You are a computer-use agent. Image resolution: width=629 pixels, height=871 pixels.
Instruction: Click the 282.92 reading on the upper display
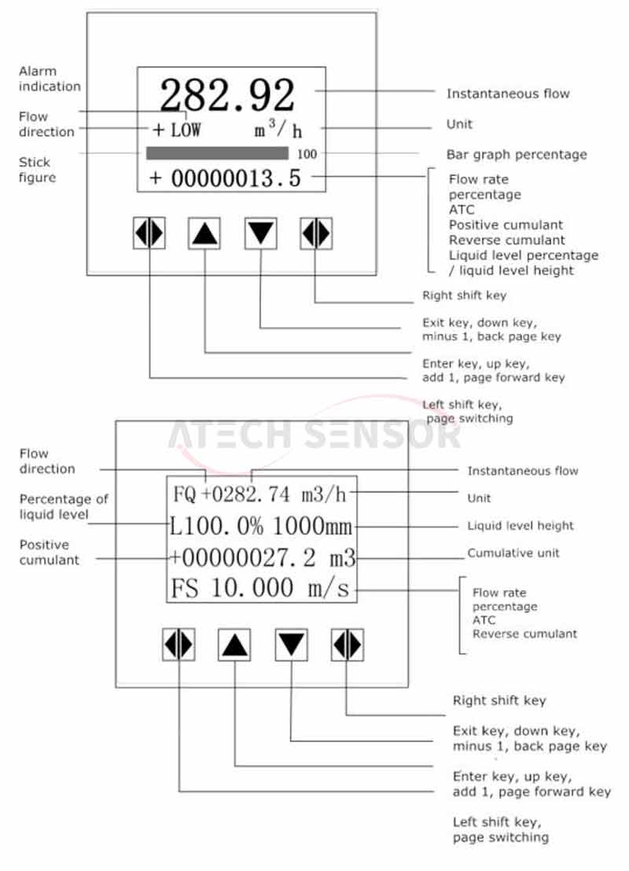227,94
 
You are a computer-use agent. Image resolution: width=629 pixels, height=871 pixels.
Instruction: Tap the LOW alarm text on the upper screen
186,130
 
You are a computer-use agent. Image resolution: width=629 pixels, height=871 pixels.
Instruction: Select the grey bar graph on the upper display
217,153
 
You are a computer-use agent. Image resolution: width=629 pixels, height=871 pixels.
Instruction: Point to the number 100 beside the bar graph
307,154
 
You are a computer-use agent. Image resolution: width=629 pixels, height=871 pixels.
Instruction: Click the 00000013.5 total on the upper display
236,178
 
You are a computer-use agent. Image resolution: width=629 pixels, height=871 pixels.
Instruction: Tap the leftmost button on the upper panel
149,233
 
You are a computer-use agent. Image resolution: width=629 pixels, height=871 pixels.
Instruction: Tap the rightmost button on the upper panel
316,233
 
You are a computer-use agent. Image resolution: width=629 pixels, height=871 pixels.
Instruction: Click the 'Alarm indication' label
50,79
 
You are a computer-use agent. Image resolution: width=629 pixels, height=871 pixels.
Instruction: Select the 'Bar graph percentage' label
517,154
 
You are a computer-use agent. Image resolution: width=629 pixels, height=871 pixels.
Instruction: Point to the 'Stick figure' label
37,170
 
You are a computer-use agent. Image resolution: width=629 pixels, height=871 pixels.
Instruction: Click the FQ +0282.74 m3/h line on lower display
259,494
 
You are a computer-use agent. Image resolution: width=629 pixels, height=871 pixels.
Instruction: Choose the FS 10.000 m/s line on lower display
260,588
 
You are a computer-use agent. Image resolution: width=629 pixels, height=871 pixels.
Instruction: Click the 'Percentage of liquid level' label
64,506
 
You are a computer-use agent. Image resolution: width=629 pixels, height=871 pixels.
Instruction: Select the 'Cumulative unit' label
513,553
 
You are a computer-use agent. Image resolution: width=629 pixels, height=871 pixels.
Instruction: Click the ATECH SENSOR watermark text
314,435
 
